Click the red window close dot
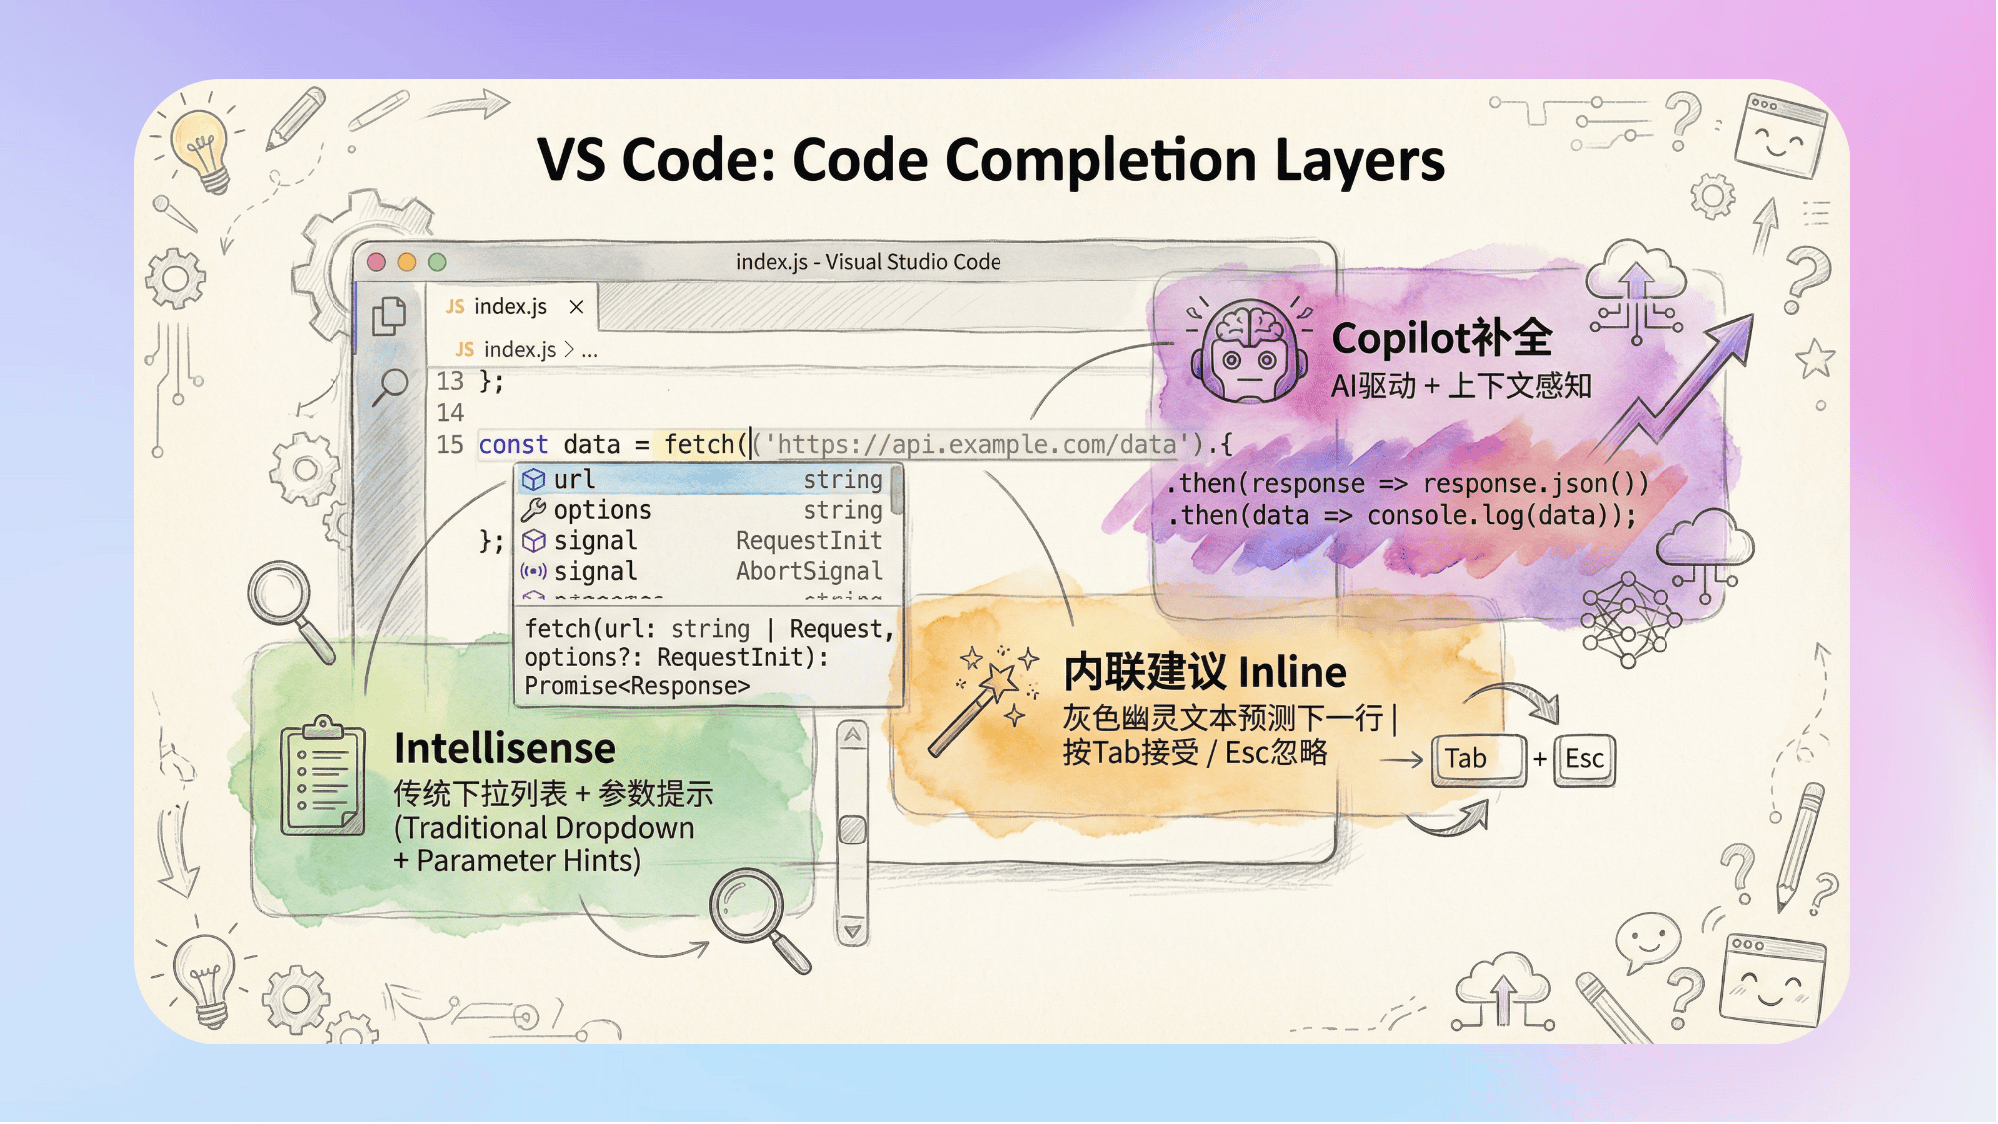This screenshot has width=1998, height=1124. pos(376,262)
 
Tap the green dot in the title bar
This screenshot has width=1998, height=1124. pos(437,262)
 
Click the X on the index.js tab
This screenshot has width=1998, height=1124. pos(576,307)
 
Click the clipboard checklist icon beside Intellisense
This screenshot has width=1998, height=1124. pos(323,776)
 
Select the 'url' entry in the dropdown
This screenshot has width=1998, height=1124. pos(574,480)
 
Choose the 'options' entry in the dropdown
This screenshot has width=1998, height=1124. pos(602,510)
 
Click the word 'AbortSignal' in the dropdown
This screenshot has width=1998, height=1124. pos(809,571)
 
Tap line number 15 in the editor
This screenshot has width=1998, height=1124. pos(450,445)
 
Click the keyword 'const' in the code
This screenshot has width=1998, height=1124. pos(513,445)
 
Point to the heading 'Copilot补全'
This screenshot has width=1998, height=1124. pos(1441,338)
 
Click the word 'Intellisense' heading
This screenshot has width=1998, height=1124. pos(504,748)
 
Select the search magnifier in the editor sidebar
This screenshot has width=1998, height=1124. pos(390,385)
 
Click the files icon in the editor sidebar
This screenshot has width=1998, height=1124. pos(389,316)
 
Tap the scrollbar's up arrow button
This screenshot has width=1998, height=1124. pos(852,736)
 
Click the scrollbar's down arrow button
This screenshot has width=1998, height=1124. pos(852,931)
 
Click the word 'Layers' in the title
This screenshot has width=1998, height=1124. pos(1359,160)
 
